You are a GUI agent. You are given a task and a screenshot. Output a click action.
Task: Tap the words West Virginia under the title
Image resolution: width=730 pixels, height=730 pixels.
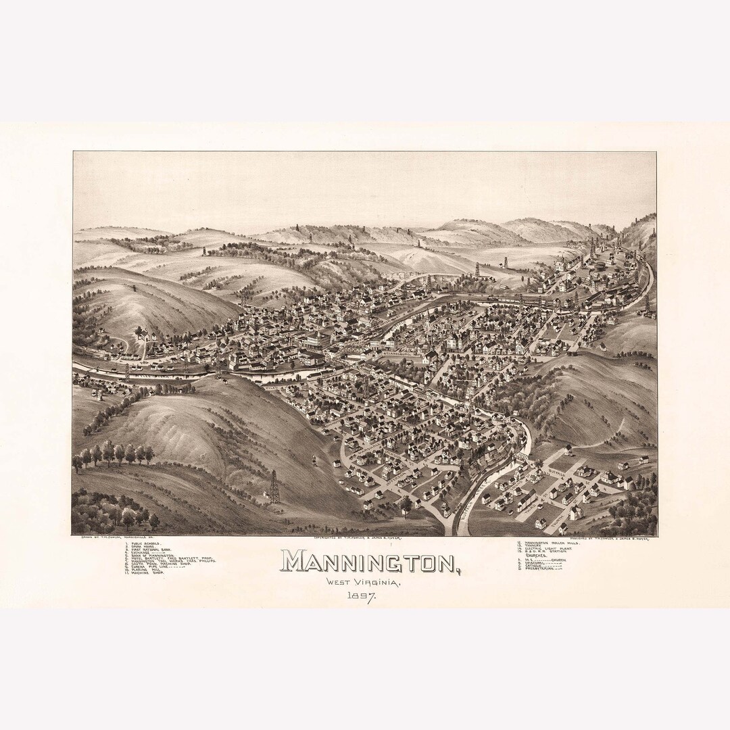pos(362,582)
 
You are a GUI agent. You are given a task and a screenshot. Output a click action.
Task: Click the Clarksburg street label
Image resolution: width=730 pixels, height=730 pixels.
pos(399,351)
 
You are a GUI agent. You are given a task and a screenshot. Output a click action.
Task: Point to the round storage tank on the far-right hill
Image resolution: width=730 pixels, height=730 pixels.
pos(600,266)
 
